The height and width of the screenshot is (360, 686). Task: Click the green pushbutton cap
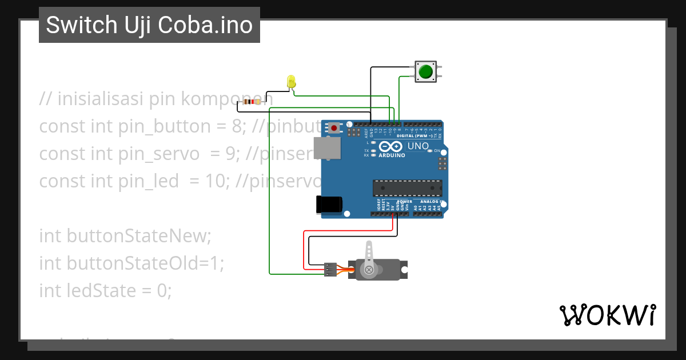[x=425, y=72]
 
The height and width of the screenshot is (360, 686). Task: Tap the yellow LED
[x=291, y=81]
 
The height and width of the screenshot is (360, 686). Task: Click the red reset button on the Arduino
[x=334, y=128]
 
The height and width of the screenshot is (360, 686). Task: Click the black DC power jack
[x=329, y=205]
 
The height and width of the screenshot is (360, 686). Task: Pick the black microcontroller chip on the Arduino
[x=407, y=188]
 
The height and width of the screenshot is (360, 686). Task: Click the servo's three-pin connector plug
[x=330, y=269]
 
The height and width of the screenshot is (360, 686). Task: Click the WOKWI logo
[x=607, y=315]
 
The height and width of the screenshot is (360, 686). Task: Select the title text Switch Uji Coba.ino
[x=149, y=25]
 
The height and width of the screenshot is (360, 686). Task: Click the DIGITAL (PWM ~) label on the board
[x=413, y=136]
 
